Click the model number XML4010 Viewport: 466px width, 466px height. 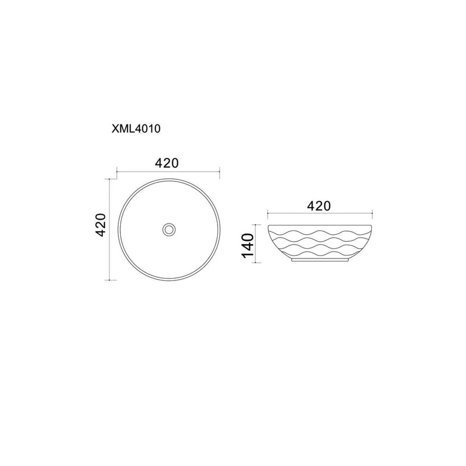tap(136, 128)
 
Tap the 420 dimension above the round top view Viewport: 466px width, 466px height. tap(167, 163)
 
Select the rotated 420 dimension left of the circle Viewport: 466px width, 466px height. tap(101, 225)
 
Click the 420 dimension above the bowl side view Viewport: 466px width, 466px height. tap(319, 206)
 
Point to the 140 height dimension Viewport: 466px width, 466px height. tap(248, 246)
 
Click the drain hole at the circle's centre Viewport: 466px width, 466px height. tap(169, 230)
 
